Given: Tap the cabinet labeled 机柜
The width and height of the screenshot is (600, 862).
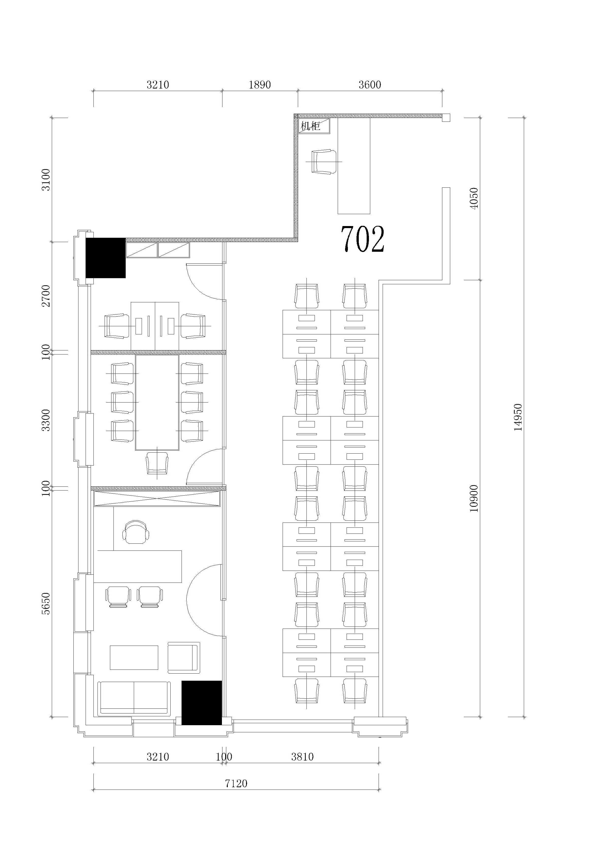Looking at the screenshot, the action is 314,126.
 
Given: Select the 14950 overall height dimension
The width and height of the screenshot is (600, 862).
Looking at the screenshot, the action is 518,417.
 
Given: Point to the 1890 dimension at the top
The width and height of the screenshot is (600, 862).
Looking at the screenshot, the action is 260,85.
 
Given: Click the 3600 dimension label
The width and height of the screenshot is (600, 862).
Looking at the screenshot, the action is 370,85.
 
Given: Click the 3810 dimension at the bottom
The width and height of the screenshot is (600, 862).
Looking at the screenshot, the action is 302,756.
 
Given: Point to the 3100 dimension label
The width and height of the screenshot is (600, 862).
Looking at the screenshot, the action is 46,180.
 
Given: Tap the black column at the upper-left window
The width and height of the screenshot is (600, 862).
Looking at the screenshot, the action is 106,258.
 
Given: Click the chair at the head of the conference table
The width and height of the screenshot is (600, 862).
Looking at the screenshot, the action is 157,463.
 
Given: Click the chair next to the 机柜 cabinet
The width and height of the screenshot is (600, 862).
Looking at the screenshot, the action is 324,161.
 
